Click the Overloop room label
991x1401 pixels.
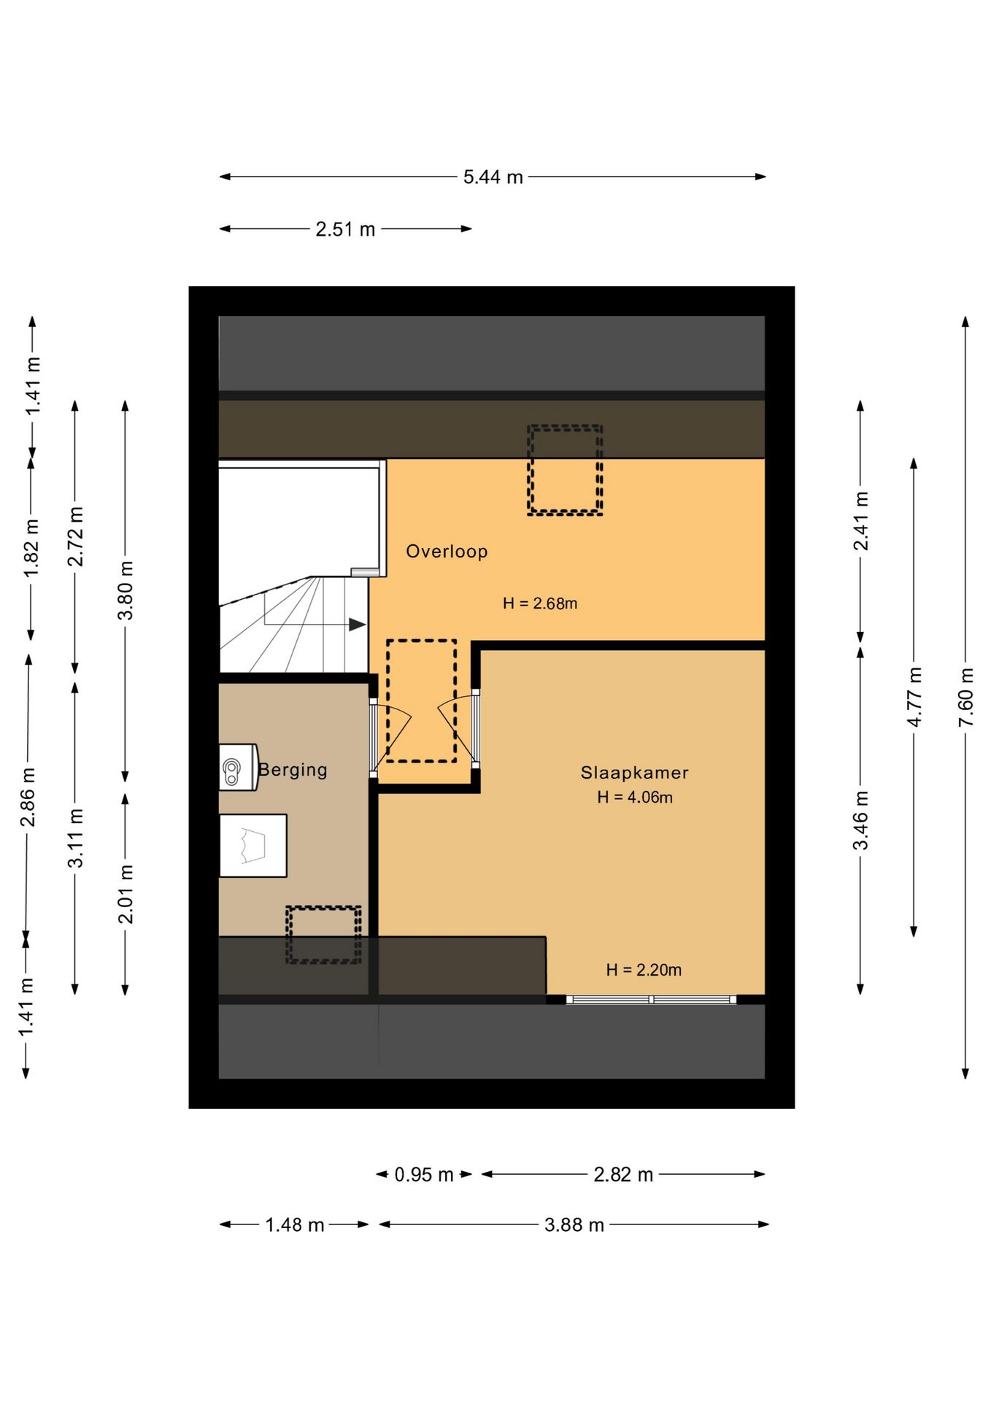pyautogui.click(x=447, y=552)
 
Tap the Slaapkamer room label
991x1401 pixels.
pyautogui.click(x=634, y=773)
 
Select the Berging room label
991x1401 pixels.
pyautogui.click(x=293, y=770)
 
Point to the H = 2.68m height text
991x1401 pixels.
pyautogui.click(x=540, y=603)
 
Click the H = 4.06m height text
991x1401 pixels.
pyautogui.click(x=635, y=798)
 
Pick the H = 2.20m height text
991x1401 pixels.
pyautogui.click(x=644, y=970)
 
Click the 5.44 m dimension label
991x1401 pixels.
pyautogui.click(x=493, y=177)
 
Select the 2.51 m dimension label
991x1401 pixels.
pyautogui.click(x=345, y=230)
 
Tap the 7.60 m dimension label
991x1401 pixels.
pyautogui.click(x=965, y=697)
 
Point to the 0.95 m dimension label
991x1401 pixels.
pyautogui.click(x=424, y=1175)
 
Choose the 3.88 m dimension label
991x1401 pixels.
pyautogui.click(x=574, y=1225)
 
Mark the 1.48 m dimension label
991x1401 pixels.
pyautogui.click(x=295, y=1225)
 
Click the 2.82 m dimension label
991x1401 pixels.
pyautogui.click(x=623, y=1175)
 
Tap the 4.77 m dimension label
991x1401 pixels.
pyautogui.click(x=914, y=697)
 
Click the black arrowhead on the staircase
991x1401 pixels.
pyautogui.click(x=358, y=625)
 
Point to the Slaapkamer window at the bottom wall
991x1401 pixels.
pyautogui.click(x=651, y=1000)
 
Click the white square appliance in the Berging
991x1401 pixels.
pyautogui.click(x=252, y=846)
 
